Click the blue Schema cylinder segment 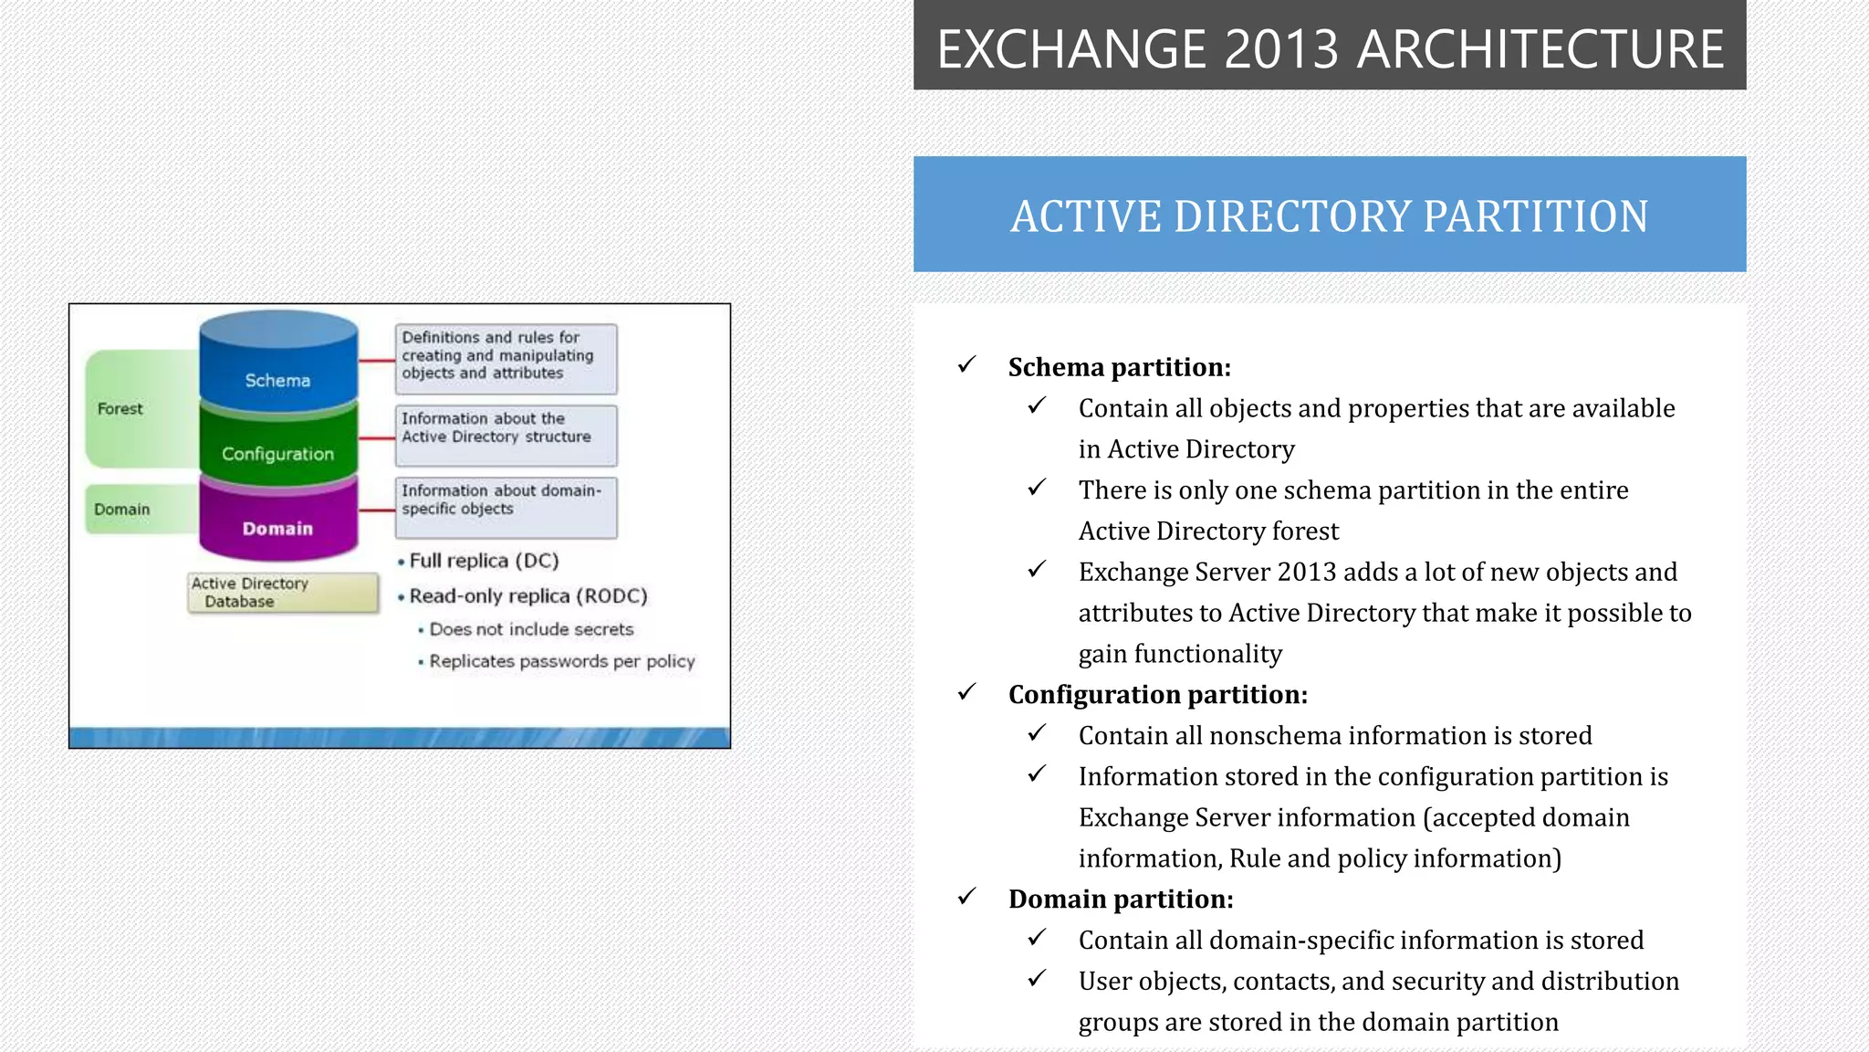278,370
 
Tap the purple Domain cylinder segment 278,524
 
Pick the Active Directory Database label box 283,593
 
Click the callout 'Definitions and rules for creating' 506,356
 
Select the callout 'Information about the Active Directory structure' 506,428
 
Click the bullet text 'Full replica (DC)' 484,561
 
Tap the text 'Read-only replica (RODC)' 527,596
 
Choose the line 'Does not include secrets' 531,629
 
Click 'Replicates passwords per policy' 561,661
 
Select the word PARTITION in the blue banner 1536,216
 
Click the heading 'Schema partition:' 1119,367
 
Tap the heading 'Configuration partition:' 1157,695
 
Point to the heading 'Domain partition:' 1120,899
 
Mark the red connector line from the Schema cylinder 376,362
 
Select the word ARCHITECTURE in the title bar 1540,49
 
